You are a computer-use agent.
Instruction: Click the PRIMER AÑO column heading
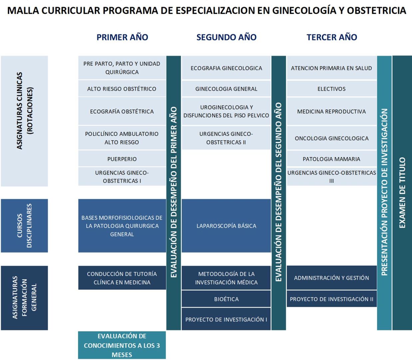tap(122, 37)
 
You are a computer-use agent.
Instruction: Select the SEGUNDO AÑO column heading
tap(226, 37)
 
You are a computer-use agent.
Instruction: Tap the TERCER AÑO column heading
tap(332, 37)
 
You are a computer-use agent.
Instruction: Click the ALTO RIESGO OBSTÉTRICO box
tap(122, 89)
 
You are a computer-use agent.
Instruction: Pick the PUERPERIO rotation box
tap(122, 159)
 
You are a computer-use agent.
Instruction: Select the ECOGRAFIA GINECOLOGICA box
tap(226, 68)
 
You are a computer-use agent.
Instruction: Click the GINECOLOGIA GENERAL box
tap(226, 89)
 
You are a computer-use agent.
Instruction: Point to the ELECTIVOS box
tap(331, 89)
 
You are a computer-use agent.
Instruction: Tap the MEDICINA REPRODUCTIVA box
tap(331, 111)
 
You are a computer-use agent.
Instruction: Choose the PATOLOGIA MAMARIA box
tap(331, 159)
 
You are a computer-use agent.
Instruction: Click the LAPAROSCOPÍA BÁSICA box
tap(226, 226)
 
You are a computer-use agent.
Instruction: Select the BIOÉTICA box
tap(226, 299)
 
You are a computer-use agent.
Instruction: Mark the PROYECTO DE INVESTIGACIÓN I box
tap(226, 319)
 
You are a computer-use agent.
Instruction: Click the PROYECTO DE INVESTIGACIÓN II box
tap(331, 299)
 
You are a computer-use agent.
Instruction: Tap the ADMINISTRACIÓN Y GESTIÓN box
tap(331, 278)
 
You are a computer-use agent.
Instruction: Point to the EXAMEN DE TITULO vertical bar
tap(402, 193)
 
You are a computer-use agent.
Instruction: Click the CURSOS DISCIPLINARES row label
tap(24, 226)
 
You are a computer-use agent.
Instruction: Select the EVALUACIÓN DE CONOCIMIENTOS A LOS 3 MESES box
tap(122, 345)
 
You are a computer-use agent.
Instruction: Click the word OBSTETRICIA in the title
tap(376, 11)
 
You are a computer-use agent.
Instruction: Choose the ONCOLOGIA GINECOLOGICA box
tap(331, 138)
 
